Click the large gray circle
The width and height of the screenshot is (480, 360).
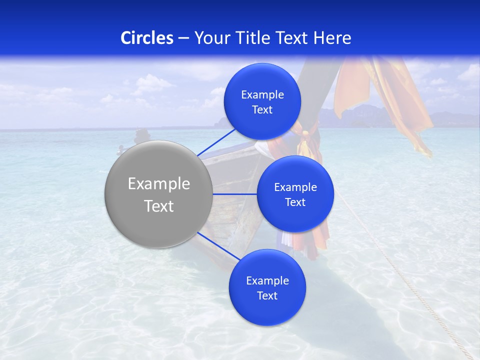(158, 194)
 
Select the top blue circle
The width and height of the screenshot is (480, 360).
(262, 101)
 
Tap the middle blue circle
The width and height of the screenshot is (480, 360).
(295, 194)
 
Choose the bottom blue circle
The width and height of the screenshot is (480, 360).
(267, 287)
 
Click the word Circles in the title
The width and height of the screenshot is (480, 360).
(147, 37)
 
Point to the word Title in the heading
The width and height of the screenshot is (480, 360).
(253, 37)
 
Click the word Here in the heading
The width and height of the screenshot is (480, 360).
(332, 37)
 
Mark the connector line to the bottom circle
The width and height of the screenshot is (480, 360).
(218, 246)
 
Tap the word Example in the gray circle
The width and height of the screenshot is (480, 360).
(158, 184)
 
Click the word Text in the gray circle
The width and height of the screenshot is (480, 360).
(158, 206)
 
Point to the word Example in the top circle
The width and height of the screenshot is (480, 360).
(262, 95)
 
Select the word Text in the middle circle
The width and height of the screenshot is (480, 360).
(295, 202)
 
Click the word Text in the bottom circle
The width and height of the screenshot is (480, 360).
(267, 295)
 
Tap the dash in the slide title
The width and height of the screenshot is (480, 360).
(183, 38)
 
